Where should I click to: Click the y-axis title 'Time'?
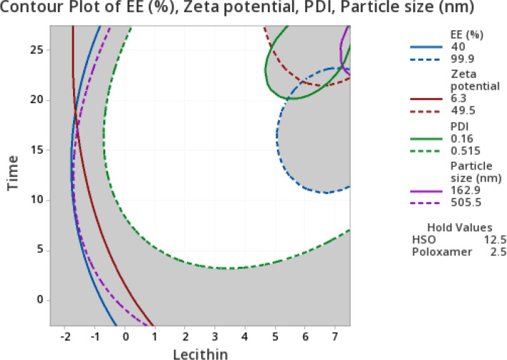[x=12, y=175]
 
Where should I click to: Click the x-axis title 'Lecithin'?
[x=201, y=353]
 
